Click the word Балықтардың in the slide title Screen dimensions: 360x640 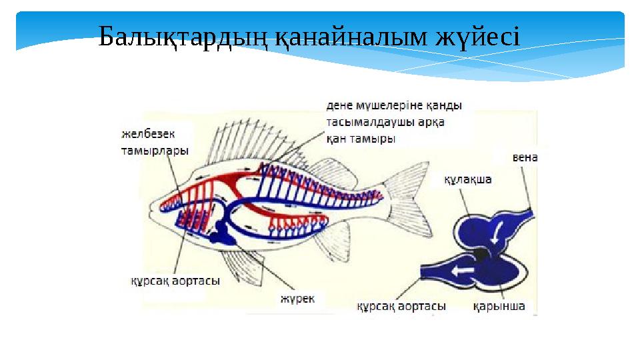coord(182,38)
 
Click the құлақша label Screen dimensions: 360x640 coord(468,179)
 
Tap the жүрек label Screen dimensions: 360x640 coord(297,299)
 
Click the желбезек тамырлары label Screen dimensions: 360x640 coord(154,142)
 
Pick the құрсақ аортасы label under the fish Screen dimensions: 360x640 coord(175,281)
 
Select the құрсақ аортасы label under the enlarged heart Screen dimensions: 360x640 coord(401,307)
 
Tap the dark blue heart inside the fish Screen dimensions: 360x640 coord(219,233)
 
